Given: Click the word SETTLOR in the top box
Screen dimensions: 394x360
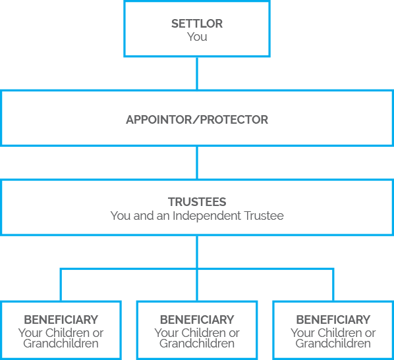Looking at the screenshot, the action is pos(197,24).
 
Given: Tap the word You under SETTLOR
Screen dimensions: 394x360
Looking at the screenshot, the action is pos(197,37).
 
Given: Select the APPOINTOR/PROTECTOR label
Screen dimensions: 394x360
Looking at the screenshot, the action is pos(197,120).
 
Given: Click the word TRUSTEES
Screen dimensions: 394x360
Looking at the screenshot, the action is pos(197,202).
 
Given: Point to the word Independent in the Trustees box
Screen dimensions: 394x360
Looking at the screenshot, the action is pos(207,216).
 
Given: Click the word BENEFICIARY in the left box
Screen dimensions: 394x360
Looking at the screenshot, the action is pos(61,320).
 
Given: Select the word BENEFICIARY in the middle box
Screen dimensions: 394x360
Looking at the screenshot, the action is pos(197,320).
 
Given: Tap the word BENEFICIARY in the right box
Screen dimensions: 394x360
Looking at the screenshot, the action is pos(333,320).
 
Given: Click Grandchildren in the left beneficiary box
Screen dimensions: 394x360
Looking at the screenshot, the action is pos(61,343).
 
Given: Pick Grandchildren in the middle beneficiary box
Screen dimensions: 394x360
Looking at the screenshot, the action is pos(197,343).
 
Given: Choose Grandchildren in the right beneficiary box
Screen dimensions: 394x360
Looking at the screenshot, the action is pos(333,343).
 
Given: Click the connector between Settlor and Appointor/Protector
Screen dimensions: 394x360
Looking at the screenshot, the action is pos(197,73).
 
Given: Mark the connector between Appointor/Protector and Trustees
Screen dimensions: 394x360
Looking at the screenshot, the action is pos(197,163).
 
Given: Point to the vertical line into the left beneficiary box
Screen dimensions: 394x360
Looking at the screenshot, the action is pos(61,285).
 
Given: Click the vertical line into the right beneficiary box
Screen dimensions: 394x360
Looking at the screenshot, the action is pos(333,285).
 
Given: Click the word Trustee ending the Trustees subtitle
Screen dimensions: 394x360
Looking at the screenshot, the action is pos(264,216).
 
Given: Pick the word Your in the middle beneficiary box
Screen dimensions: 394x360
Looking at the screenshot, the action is pos(166,333).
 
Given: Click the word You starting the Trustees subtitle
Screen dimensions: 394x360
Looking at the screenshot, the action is pos(121,216).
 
